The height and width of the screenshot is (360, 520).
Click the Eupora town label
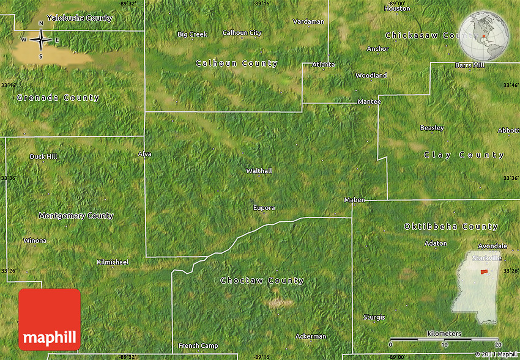pos(264,208)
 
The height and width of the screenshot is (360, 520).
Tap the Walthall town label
pos(258,171)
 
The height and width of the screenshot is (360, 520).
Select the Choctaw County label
pos(262,281)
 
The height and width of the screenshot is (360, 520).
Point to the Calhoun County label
pos(236,64)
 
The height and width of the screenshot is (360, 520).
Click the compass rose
pos(41,40)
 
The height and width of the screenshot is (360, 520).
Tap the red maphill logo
pos(50,320)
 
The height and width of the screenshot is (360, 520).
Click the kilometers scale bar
pos(445,339)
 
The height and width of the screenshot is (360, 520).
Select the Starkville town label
pos(486,258)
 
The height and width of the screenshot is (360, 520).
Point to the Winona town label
pos(35,240)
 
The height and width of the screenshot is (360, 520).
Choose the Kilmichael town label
pos(113,262)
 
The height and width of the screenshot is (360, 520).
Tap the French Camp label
pos(198,346)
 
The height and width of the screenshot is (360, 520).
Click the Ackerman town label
pos(311,336)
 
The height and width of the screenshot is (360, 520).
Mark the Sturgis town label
pos(374,317)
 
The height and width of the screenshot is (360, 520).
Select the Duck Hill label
pos(43,156)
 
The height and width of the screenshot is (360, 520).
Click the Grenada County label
pos(58,98)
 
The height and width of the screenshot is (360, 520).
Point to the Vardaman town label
pos(308,21)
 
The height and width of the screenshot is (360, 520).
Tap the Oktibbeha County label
pos(451,227)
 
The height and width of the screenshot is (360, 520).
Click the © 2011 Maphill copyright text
pos(496,354)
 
